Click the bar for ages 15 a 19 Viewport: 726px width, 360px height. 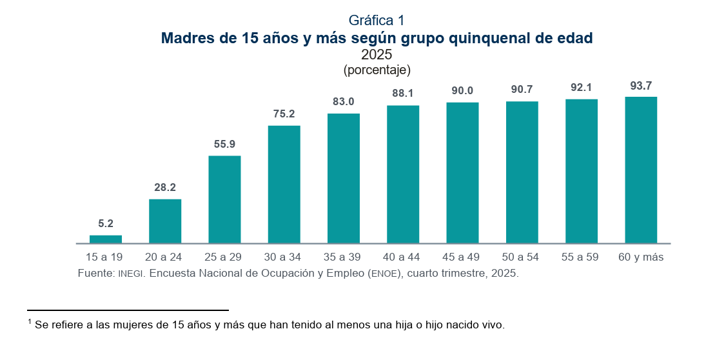106,239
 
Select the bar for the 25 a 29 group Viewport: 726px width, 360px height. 224,199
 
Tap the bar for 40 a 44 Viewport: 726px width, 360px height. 403,174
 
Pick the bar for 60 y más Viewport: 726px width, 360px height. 641,170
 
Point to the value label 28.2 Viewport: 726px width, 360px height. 165,188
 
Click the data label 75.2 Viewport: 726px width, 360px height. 284,114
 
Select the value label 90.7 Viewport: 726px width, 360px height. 522,90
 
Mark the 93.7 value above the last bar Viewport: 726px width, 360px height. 641,85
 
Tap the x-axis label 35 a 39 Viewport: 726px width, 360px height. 344,257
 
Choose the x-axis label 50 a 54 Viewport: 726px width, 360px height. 522,257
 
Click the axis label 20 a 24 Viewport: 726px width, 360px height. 165,257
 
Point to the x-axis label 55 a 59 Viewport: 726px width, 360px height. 581,257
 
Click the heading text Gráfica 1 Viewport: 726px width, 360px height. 377,21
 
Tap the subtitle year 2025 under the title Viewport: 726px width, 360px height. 377,55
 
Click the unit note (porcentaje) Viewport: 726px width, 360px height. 377,70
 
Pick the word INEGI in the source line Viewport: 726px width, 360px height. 132,274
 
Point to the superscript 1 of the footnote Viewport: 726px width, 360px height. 30,321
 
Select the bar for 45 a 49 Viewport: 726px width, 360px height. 462,173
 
